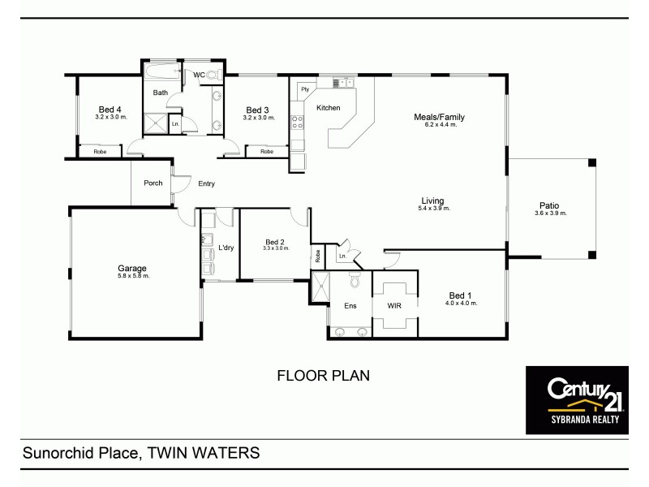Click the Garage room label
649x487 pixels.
click(x=133, y=268)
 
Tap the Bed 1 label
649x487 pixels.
click(x=461, y=295)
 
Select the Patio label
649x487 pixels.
click(x=550, y=205)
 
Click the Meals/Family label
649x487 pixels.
click(x=439, y=117)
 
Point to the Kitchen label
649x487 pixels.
click(x=328, y=108)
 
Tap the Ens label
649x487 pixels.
click(x=350, y=306)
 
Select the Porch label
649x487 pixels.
click(x=153, y=183)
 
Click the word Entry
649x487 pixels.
click(x=206, y=183)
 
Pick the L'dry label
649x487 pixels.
click(x=226, y=248)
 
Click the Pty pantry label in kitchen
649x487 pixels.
click(x=305, y=88)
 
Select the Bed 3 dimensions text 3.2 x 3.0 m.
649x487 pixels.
click(x=259, y=118)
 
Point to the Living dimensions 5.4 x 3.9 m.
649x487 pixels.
click(x=432, y=209)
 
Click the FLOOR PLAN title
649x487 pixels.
click(x=324, y=376)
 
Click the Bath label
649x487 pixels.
click(x=161, y=93)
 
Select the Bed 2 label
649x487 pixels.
click(x=275, y=241)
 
